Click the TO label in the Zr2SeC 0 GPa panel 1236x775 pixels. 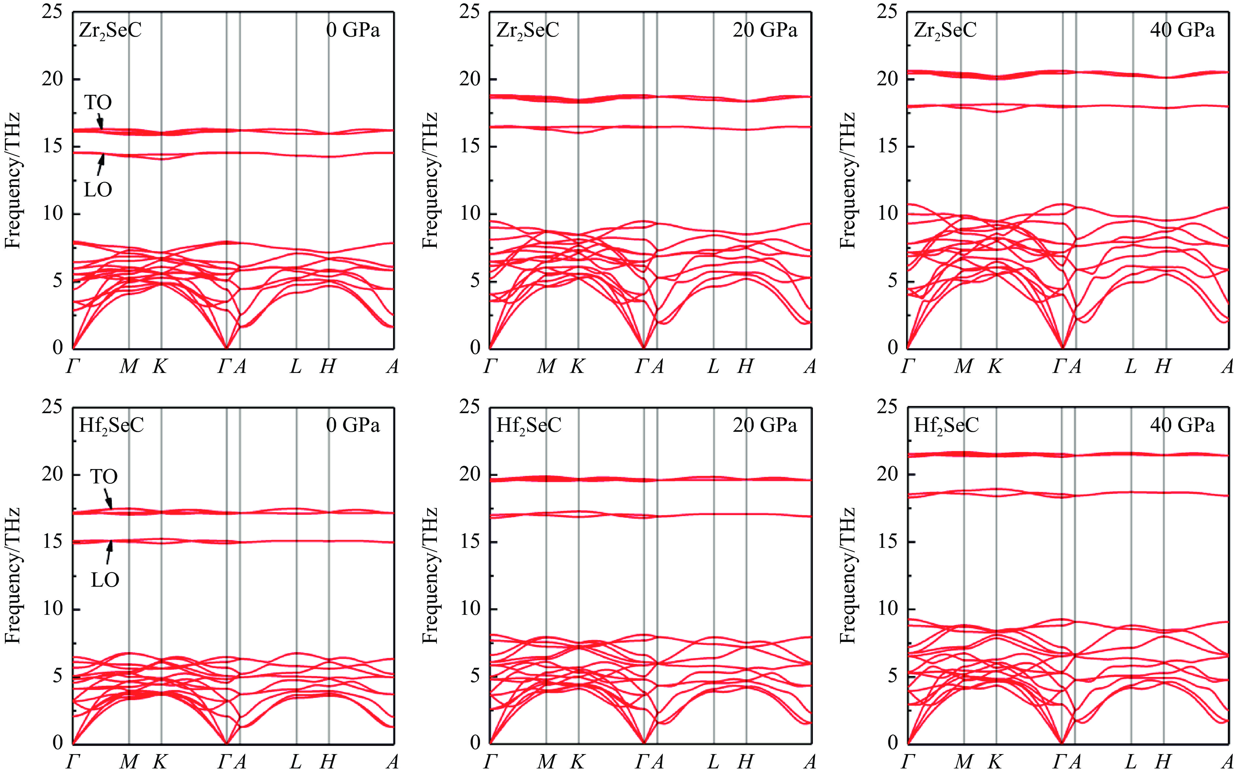[x=98, y=103]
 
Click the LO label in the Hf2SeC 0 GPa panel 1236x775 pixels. [x=105, y=580]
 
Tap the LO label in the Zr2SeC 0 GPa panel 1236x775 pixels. [x=98, y=190]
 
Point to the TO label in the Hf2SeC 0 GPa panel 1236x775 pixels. [x=104, y=477]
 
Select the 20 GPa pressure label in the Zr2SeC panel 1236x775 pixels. [x=765, y=30]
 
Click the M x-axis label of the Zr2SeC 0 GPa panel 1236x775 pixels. [x=129, y=366]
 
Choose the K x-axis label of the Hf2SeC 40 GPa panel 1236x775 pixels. [x=995, y=762]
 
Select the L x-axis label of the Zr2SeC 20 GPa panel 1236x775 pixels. [x=713, y=366]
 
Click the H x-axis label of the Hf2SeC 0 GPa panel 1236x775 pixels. [x=328, y=762]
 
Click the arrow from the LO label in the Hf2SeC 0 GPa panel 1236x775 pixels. [x=109, y=552]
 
